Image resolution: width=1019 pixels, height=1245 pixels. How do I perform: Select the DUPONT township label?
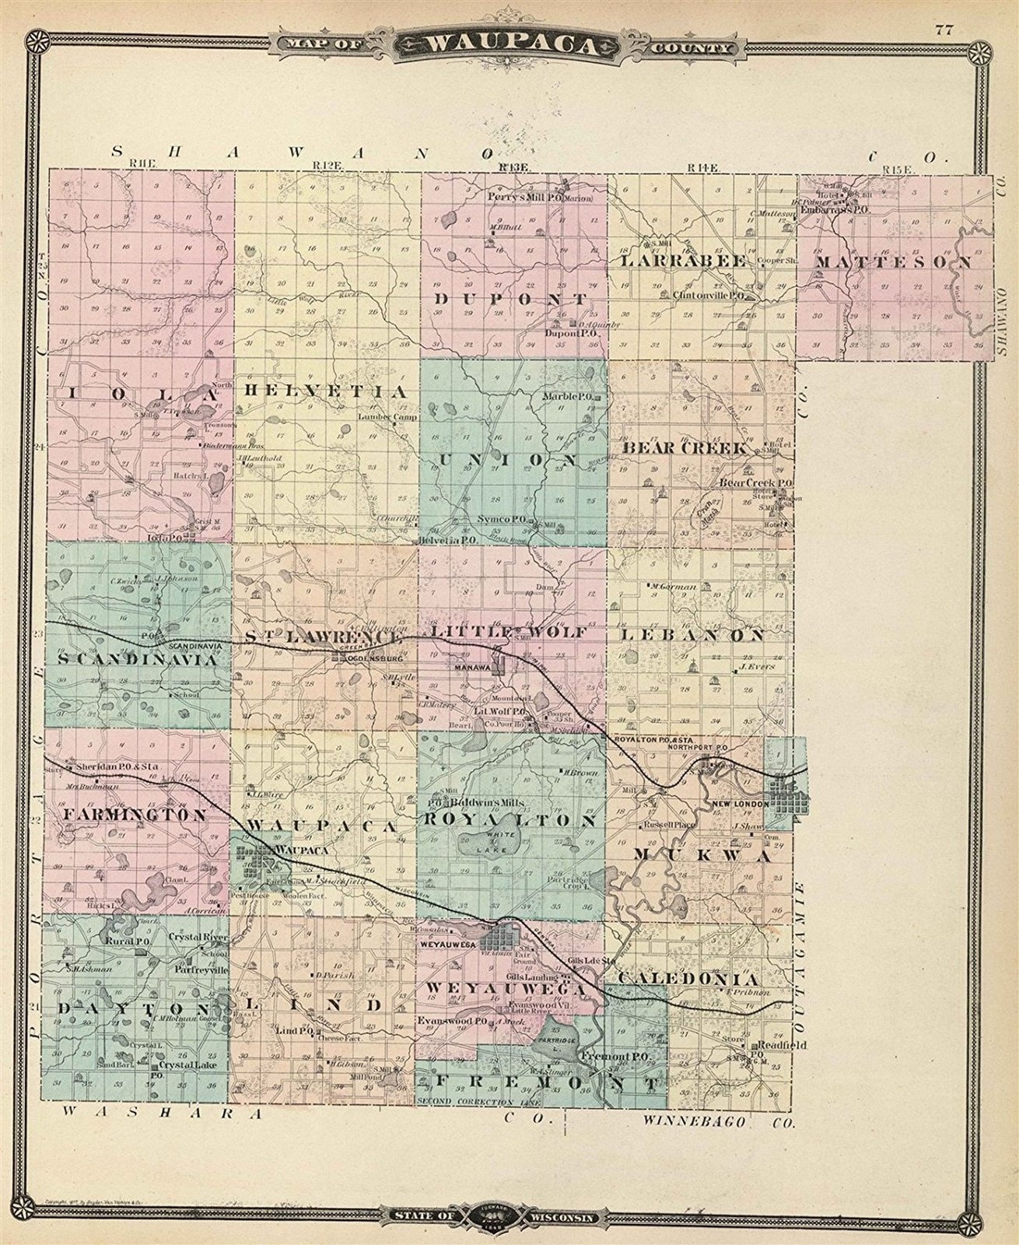pyautogui.click(x=510, y=299)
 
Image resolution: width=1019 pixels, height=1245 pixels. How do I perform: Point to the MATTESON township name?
pyautogui.click(x=894, y=263)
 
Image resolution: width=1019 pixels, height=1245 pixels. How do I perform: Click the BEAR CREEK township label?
pyautogui.click(x=685, y=449)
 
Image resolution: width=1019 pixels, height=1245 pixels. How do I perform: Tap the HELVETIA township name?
pyautogui.click(x=324, y=391)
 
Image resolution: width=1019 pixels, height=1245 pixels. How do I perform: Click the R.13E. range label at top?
pyautogui.click(x=514, y=167)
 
